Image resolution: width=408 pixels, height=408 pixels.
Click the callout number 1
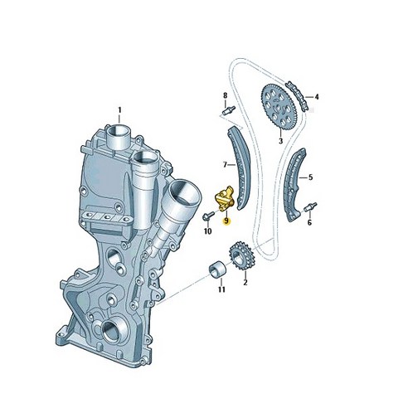click(119, 109)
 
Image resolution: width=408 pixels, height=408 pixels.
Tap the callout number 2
click(245, 282)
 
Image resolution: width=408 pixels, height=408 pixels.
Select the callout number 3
click(280, 142)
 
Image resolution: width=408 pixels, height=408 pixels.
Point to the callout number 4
click(316, 97)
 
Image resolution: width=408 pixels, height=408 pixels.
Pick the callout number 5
click(311, 177)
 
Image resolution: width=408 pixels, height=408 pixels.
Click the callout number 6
click(309, 223)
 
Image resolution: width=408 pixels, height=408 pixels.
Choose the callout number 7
click(223, 164)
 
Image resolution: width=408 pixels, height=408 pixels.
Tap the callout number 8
click(224, 96)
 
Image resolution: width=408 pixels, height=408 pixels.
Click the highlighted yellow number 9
click(226, 222)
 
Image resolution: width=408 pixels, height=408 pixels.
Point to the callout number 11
click(221, 289)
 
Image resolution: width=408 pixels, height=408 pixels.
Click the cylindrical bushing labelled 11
click(218, 270)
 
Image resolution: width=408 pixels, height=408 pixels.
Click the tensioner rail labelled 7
click(238, 166)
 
